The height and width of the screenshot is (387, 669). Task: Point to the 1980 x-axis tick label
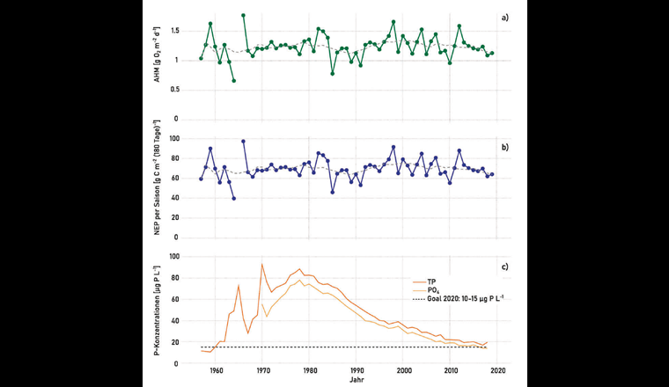309,371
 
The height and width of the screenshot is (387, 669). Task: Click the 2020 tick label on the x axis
497,371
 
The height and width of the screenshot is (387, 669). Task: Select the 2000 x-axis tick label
403,371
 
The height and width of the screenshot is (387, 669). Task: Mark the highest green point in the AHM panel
243,15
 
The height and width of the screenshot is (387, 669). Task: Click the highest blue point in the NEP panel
243,141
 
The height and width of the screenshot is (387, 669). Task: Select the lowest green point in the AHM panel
233,81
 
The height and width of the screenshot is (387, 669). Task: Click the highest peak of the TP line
261,264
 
